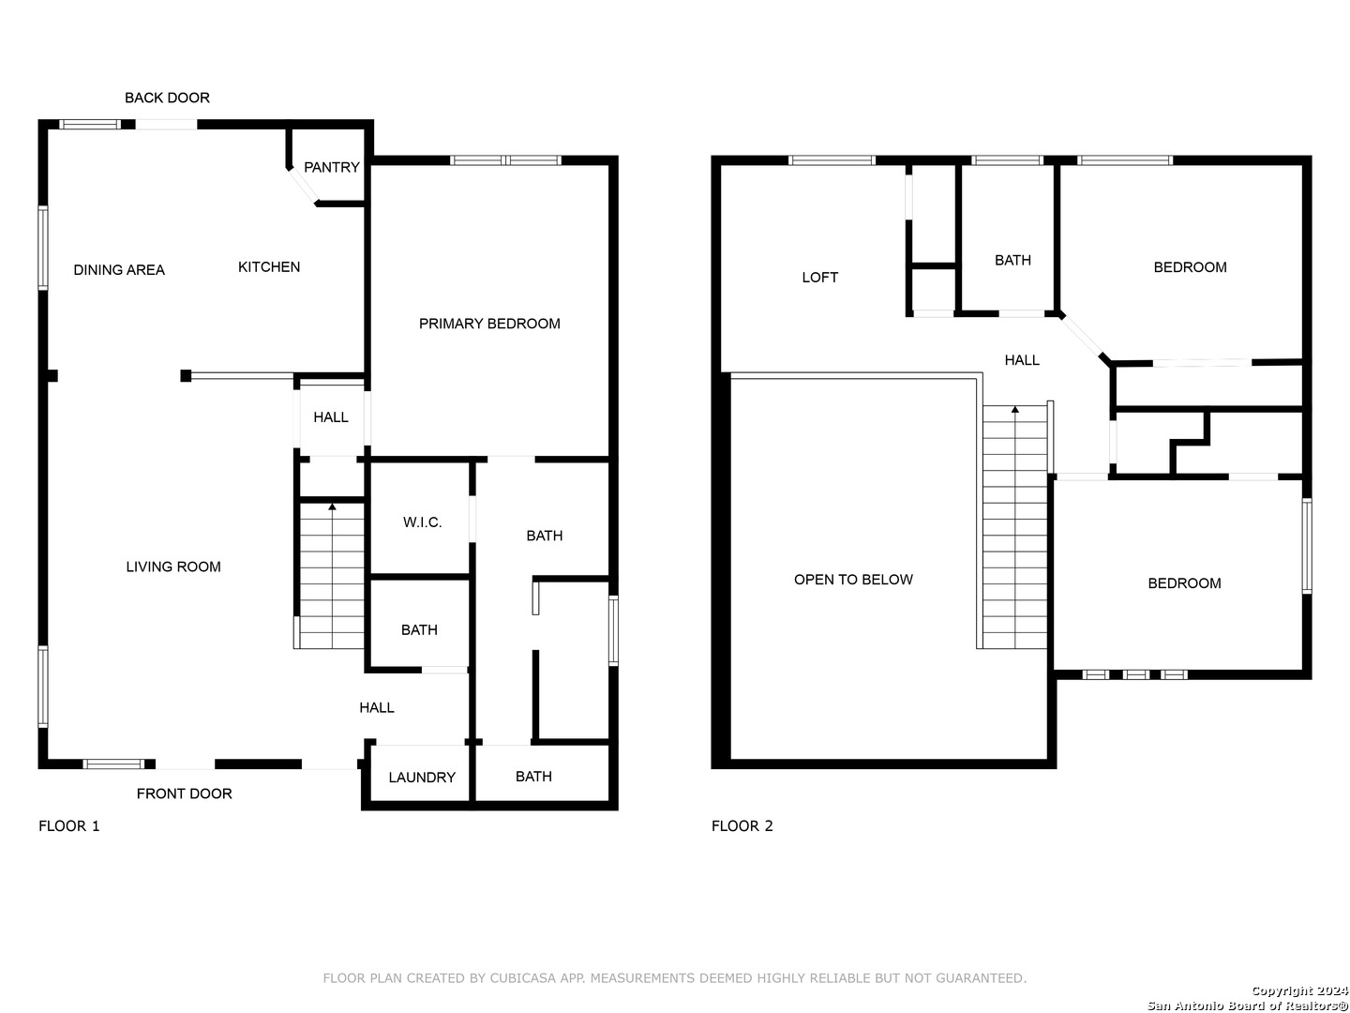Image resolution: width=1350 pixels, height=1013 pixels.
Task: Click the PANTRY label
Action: (x=331, y=167)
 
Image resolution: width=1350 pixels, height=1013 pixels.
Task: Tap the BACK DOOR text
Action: (x=167, y=98)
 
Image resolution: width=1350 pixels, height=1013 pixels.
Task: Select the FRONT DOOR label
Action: (x=184, y=794)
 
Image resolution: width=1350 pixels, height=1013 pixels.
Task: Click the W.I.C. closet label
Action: (x=422, y=522)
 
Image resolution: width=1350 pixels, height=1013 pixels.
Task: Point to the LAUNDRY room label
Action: (x=421, y=778)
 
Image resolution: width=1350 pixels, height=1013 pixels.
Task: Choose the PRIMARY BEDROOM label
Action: (x=489, y=324)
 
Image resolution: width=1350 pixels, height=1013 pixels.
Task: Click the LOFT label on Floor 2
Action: (x=819, y=278)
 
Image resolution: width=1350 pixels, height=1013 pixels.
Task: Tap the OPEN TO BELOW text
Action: (x=852, y=580)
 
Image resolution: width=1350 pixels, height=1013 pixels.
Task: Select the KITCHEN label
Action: (x=269, y=267)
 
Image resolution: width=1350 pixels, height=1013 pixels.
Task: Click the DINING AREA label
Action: (x=119, y=270)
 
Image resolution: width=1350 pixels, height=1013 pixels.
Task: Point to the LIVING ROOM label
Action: (x=172, y=567)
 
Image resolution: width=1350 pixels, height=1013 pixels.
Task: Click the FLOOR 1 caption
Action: (x=68, y=826)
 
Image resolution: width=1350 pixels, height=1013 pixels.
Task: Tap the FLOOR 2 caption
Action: (x=742, y=826)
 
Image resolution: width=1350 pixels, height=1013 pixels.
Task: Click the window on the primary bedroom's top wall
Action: (x=505, y=160)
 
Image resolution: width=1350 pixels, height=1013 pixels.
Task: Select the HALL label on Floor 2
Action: (x=1022, y=360)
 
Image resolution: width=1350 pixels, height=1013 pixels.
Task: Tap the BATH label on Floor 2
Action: (x=1012, y=260)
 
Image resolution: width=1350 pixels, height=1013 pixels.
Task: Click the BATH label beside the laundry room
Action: (x=533, y=777)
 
